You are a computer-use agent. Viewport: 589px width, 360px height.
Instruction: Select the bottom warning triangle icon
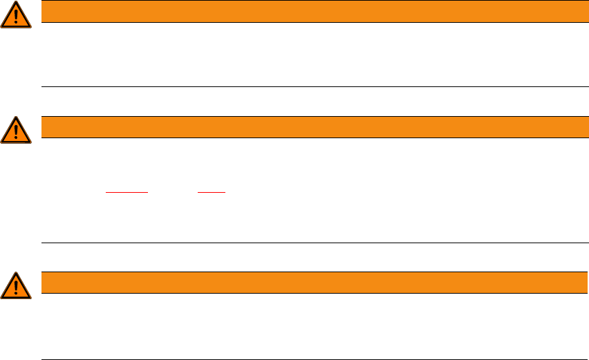point(16,286)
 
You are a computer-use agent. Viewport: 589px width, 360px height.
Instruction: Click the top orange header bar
point(311,11)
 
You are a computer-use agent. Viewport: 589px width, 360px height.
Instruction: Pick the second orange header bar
point(311,127)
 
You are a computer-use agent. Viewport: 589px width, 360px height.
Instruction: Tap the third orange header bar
point(311,283)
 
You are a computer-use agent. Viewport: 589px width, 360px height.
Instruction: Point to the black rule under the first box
point(311,87)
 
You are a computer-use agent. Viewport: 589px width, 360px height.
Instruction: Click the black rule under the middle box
point(311,243)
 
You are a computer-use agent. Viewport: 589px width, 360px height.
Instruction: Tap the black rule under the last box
point(311,359)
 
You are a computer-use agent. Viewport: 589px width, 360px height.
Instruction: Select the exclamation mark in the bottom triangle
point(16,287)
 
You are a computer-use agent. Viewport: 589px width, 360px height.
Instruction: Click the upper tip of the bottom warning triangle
point(16,274)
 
